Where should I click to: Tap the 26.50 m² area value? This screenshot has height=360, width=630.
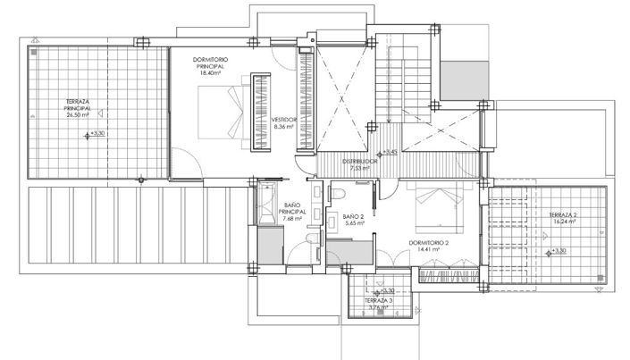80,115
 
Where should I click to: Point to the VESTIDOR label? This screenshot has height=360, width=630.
284,119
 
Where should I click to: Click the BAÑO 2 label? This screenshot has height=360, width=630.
352,216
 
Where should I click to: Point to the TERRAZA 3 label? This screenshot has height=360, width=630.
378,301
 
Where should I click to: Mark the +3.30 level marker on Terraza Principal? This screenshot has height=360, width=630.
92,135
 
